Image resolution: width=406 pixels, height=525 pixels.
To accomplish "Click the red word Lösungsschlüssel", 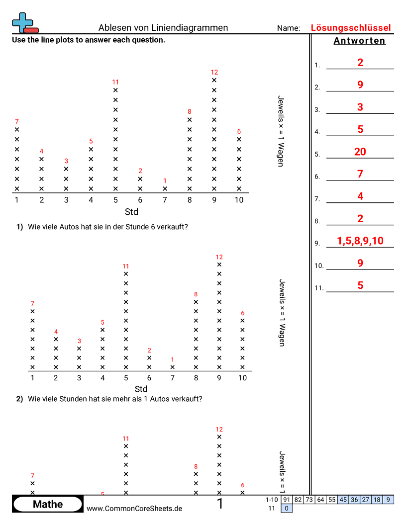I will tap(351, 28).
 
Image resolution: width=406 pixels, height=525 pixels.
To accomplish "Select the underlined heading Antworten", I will tap(359, 41).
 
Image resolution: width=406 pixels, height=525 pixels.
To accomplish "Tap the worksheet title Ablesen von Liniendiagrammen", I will tap(163, 28).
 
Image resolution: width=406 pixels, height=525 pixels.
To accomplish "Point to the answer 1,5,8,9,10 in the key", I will tap(360, 241).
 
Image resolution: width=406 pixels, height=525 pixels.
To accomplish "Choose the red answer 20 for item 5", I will tap(360, 152).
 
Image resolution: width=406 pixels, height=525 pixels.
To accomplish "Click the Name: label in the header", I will tap(289, 28).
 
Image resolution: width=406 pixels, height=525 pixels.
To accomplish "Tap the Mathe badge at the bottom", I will tap(48, 504).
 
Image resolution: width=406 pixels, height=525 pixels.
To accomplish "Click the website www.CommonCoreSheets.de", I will tap(134, 509).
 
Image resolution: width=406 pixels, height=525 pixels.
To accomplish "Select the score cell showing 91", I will tap(287, 500).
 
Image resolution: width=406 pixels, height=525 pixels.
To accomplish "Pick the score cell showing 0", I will tap(287, 508).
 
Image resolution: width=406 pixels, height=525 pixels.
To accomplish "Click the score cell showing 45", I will tap(343, 500).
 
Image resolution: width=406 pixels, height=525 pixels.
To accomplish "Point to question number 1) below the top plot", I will tap(20, 227).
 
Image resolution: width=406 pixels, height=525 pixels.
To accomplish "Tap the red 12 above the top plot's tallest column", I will tap(214, 72).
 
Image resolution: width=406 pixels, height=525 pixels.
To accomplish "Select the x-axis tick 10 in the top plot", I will tap(239, 200).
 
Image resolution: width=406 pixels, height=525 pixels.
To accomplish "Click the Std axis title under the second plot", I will tap(141, 389).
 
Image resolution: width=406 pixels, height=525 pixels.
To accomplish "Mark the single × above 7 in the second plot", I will tap(173, 367).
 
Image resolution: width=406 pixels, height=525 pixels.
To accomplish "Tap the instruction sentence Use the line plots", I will tap(89, 40).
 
